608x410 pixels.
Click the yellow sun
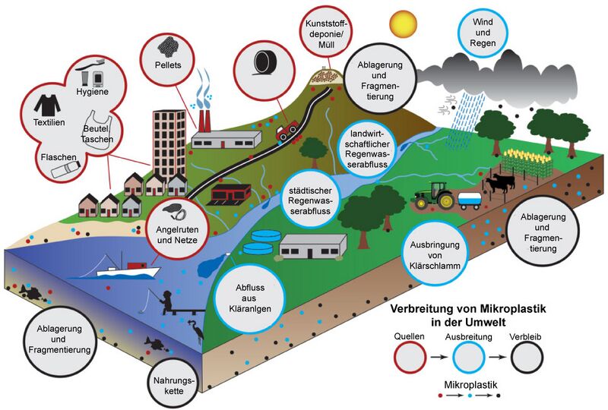click(x=404, y=24)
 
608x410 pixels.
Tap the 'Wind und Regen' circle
click(x=483, y=33)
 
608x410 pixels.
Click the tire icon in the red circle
click(x=264, y=63)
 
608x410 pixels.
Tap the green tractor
click(x=435, y=195)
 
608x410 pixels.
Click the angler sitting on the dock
click(x=166, y=301)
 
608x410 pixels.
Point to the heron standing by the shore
click(x=197, y=330)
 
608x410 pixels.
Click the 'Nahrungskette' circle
click(x=174, y=385)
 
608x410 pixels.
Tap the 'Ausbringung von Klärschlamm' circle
click(x=435, y=254)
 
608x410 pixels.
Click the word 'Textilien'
click(x=49, y=122)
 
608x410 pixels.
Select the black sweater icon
click(x=47, y=104)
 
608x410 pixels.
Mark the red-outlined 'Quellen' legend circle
click(x=410, y=357)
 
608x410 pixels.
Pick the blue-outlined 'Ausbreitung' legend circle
click(x=468, y=357)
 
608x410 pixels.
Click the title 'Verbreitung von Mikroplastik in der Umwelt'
click(x=468, y=315)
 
